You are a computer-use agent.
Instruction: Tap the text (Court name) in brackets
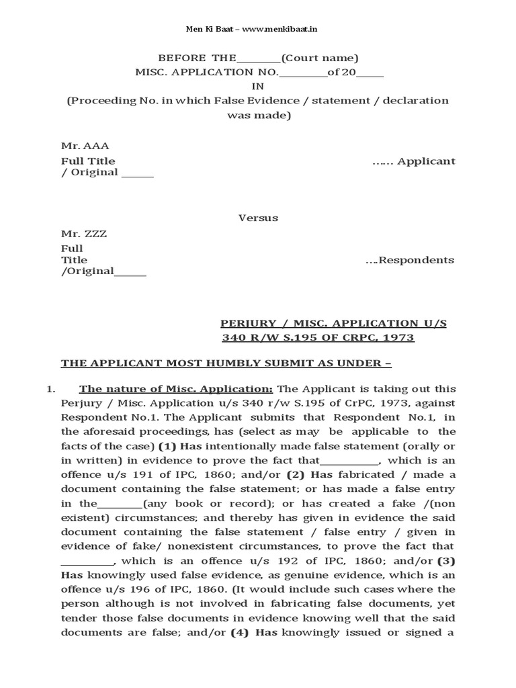coord(320,58)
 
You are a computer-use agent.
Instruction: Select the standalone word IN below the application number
coord(258,86)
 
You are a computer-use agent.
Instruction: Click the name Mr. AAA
coord(85,146)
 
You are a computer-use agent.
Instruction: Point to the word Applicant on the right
coord(427,161)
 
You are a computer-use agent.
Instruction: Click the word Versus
coord(258,218)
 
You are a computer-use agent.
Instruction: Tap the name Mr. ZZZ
coord(84,234)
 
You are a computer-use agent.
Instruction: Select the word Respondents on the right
coord(417,260)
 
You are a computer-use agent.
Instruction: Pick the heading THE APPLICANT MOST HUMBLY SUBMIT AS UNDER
coord(226,363)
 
